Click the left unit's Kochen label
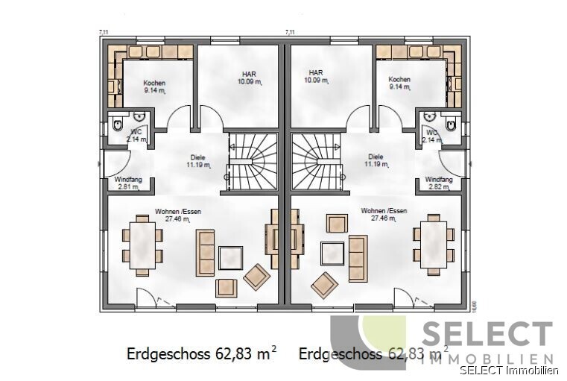[154, 83]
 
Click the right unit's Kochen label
[399, 79]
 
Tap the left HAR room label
[248, 74]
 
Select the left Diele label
[198, 157]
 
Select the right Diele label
[376, 157]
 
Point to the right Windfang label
[439, 180]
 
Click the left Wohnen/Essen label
[178, 211]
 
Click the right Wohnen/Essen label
[384, 211]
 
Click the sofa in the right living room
[358, 257]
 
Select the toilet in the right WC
[452, 128]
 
